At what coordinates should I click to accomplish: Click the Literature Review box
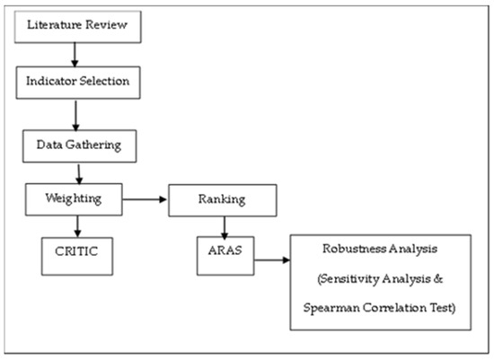point(78,27)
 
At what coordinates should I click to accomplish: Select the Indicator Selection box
point(78,83)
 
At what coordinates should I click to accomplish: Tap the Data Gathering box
point(79,146)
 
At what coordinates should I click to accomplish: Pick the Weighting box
point(74,199)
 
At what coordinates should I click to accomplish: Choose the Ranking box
point(223,200)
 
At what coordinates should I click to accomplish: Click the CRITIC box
point(77,257)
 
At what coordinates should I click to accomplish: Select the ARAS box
point(225,256)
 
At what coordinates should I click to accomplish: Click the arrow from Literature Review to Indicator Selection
point(75,55)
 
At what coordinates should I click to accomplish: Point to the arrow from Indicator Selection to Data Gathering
point(75,115)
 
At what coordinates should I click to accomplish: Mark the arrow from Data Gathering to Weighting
point(79,174)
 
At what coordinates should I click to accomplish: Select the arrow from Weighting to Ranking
point(145,199)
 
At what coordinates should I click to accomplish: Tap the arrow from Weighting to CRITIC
point(77,226)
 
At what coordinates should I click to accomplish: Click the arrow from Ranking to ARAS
point(225,228)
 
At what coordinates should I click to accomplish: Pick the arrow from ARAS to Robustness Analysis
point(272,260)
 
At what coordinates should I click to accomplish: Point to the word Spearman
point(331,308)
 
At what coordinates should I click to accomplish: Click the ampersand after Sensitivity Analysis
point(438,278)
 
